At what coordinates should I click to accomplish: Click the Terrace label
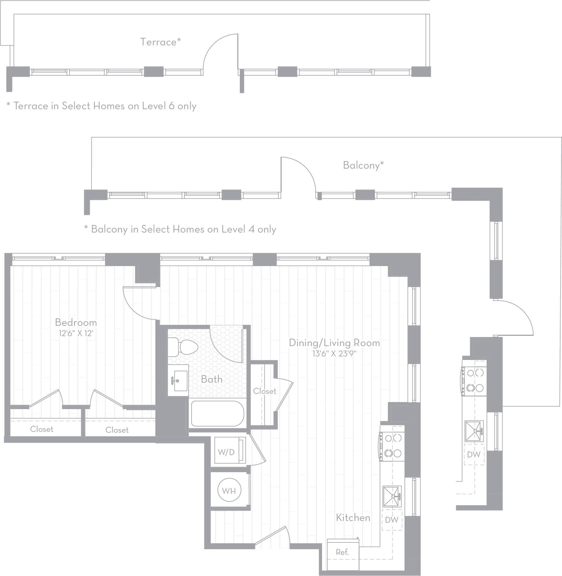pos(160,42)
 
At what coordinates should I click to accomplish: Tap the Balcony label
pos(363,165)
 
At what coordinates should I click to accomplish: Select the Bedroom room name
pos(76,322)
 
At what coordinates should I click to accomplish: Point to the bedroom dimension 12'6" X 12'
pos(76,333)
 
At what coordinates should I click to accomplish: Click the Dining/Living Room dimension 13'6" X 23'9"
pos(335,353)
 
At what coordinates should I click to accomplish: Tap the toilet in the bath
pos(183,347)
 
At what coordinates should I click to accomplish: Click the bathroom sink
pos(178,381)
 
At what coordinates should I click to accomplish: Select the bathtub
pos(218,413)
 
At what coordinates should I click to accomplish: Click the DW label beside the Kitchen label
pos(392,520)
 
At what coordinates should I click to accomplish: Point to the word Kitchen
pos(353,517)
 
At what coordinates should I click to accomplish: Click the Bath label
pos(212,379)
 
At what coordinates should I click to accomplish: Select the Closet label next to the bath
pos(265,391)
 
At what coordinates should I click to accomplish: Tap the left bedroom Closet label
pos(41,429)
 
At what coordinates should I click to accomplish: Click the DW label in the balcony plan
pos(474,454)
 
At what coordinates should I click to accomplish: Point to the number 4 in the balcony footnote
pos(251,229)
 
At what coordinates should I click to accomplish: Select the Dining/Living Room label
pos(335,343)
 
